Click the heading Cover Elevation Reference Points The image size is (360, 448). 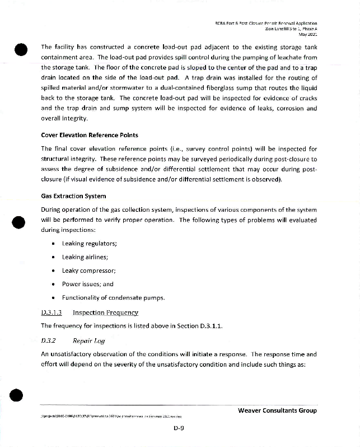point(90,135)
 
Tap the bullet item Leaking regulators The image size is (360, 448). point(90,243)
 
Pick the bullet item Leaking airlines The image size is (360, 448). point(85,257)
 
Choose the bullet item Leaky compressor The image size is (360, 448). point(89,270)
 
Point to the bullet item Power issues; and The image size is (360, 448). point(88,284)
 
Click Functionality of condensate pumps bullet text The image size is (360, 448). point(114,297)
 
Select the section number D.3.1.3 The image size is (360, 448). point(52,312)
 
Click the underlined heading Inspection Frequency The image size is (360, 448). point(105,312)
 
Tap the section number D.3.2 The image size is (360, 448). point(49,340)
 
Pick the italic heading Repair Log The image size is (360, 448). point(89,340)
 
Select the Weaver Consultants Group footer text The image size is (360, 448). point(277,410)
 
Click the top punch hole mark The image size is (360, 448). point(21,49)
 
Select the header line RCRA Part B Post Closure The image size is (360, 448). point(266,23)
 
